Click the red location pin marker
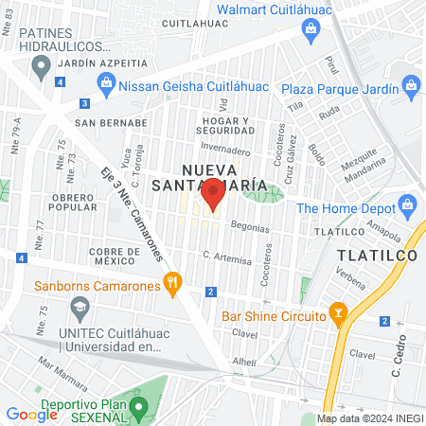click(213, 194)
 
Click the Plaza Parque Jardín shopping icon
click(410, 86)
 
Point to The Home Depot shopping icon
click(407, 204)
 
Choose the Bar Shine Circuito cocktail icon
click(337, 311)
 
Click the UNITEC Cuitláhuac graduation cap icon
click(80, 307)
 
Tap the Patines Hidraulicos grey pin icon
click(41, 66)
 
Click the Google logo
click(32, 414)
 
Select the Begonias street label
click(249, 229)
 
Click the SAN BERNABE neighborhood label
click(112, 122)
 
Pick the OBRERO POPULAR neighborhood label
click(73, 201)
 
